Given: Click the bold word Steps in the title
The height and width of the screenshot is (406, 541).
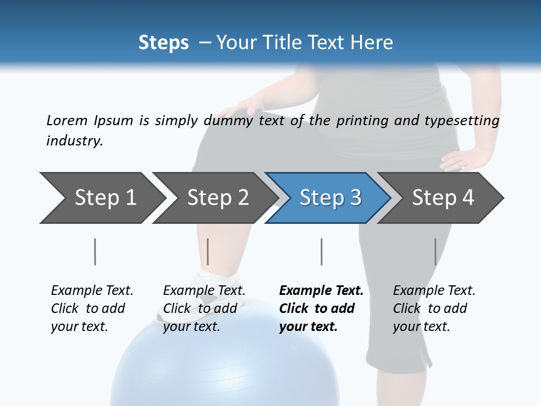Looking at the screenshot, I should [163, 43].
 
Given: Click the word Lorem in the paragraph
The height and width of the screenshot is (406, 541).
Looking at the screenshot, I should [67, 121].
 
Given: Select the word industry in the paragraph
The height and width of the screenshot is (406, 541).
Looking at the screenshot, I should [74, 141].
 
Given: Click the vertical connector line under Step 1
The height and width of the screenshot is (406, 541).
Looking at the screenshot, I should [95, 251].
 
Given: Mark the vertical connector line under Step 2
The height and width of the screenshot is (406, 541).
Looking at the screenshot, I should [208, 251].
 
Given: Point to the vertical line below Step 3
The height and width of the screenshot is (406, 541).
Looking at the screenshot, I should [321, 251].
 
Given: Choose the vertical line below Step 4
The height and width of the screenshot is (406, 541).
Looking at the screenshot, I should [435, 251].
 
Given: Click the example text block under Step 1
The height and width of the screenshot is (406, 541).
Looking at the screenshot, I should [92, 308].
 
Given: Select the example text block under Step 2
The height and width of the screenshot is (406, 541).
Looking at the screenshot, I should [204, 308].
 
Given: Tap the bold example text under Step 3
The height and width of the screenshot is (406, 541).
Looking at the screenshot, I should [321, 308].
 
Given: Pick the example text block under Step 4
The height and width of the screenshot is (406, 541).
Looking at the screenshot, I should [434, 308].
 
